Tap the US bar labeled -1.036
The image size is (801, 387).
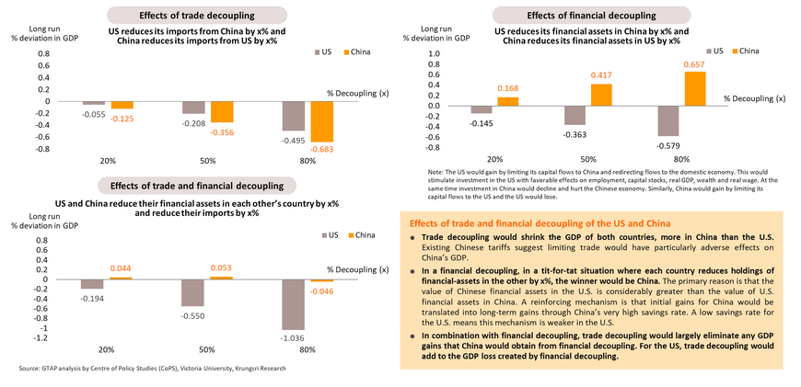tap(294, 303)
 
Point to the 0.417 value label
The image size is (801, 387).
tap(601, 74)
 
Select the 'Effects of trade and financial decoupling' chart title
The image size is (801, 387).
tap(197, 185)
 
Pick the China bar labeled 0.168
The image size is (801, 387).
tap(506, 100)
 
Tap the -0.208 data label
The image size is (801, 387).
tap(193, 121)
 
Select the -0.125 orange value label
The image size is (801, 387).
tap(123, 118)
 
